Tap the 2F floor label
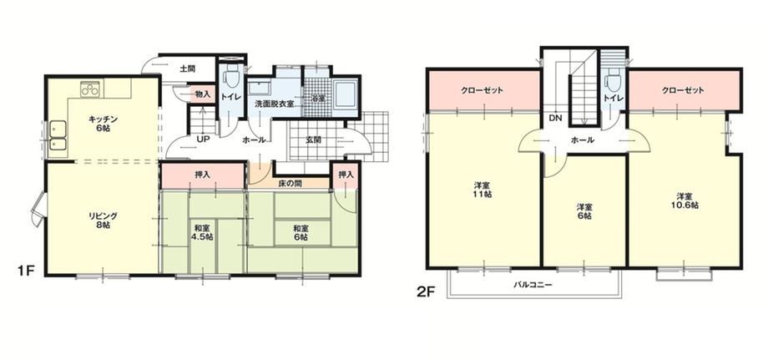point(426,292)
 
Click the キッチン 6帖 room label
point(104,124)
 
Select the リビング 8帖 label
point(103,221)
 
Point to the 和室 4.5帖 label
point(202,232)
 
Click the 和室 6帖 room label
point(301,232)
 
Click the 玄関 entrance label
point(314,139)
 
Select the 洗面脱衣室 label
point(274,104)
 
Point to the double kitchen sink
point(58,137)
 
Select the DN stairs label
point(555,118)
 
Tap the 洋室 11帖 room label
point(483,190)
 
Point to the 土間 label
point(186,68)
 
